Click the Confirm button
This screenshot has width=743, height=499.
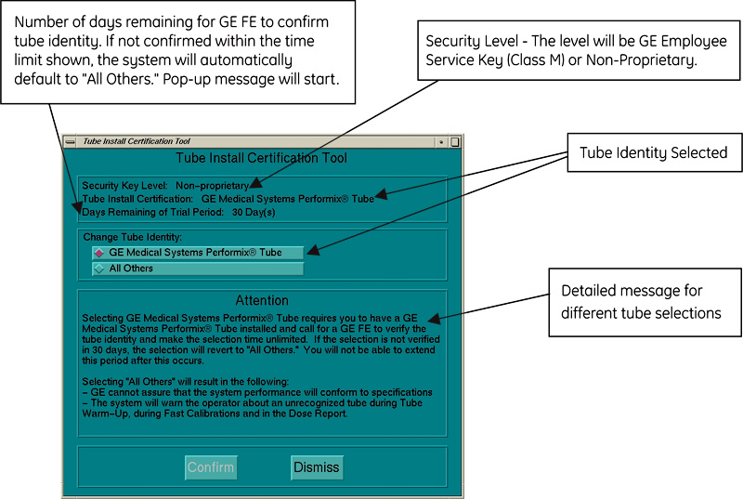pos(211,466)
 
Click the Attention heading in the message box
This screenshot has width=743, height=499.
pos(261,301)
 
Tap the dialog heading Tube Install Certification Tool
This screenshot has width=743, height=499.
pos(261,158)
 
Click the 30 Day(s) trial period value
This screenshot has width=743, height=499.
pos(254,212)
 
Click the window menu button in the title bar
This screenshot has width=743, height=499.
pos(70,142)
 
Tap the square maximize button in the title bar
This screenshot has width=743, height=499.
pos(454,142)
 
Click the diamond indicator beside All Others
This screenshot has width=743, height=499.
pos(99,269)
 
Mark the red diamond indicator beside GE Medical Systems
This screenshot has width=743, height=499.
pos(99,253)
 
